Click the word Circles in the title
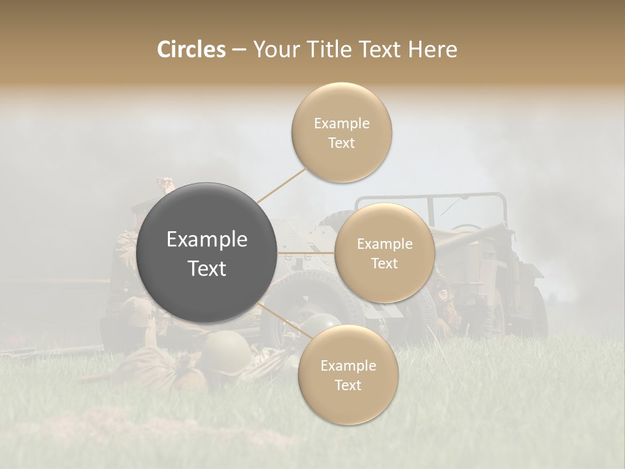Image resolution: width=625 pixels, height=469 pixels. [x=191, y=50]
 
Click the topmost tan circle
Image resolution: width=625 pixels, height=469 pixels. [x=341, y=132]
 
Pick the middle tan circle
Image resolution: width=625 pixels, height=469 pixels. [x=384, y=253]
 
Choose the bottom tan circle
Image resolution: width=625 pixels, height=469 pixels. [x=348, y=375]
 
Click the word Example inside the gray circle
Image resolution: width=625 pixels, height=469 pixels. [x=206, y=240]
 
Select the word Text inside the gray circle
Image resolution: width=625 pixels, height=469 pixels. [x=206, y=268]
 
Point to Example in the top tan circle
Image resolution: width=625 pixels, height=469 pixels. [x=341, y=123]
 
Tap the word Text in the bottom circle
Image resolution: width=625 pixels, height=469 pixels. [x=348, y=385]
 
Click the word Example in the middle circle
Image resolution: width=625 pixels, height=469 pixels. [x=384, y=244]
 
